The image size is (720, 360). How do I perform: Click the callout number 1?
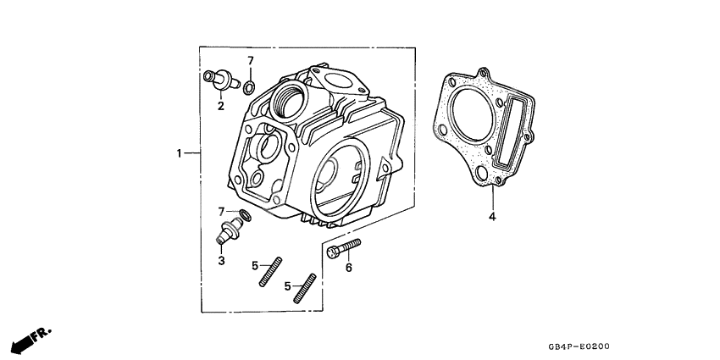pyautogui.click(x=180, y=153)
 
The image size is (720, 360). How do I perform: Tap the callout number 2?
pyautogui.click(x=220, y=106)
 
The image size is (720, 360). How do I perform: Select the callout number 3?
pyautogui.click(x=221, y=261)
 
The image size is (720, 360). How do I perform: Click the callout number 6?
pyautogui.click(x=347, y=268)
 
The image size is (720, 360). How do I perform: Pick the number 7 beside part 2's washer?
pyautogui.click(x=251, y=61)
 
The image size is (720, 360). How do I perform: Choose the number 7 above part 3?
pyautogui.click(x=221, y=210)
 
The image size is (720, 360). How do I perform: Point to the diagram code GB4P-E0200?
pyautogui.click(x=579, y=346)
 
